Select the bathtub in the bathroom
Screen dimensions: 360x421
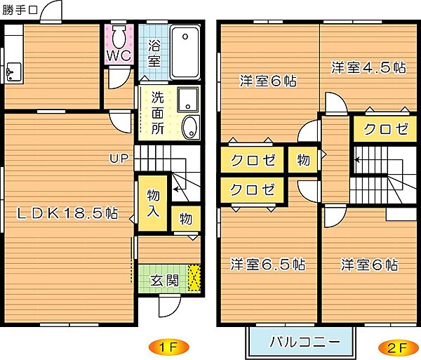185,53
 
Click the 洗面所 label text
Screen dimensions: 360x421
157,112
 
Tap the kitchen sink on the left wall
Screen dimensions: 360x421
12,71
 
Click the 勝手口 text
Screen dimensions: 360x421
20,10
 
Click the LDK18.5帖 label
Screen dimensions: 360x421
67,213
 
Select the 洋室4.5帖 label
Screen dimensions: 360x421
368,67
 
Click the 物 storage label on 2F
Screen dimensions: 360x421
303,160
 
